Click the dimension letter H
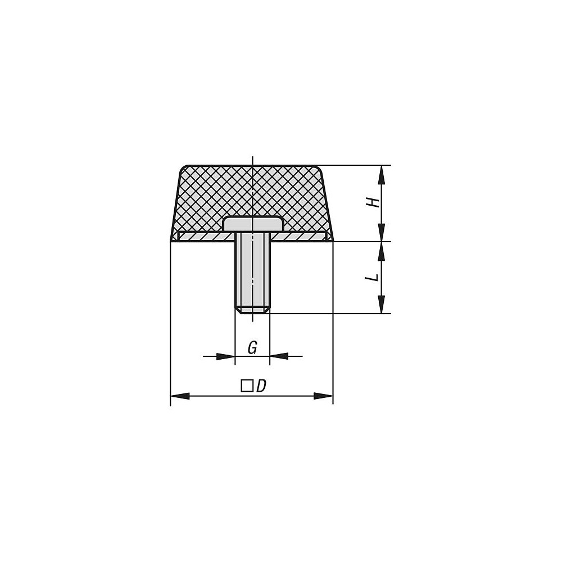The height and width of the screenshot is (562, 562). pyautogui.click(x=374, y=203)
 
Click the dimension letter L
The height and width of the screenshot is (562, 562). pyautogui.click(x=374, y=278)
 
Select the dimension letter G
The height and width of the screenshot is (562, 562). pyautogui.click(x=253, y=348)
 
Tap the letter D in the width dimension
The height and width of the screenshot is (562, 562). pyautogui.click(x=261, y=386)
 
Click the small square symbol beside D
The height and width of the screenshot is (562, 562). pyautogui.click(x=246, y=387)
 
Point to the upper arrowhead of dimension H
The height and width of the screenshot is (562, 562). pyautogui.click(x=382, y=175)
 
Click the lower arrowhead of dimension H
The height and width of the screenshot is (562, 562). pyautogui.click(x=382, y=232)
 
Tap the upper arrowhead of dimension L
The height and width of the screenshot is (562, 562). pyautogui.click(x=382, y=251)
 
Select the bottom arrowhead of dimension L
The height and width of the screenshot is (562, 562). pyautogui.click(x=382, y=304)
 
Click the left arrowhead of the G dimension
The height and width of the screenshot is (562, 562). pyautogui.click(x=226, y=356)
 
